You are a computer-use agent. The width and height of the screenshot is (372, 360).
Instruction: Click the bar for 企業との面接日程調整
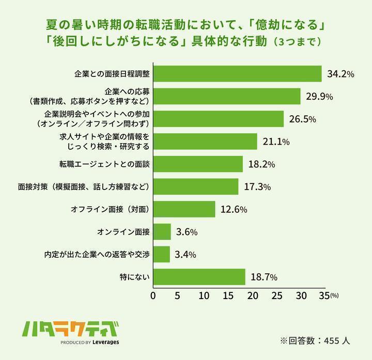coord(237,74)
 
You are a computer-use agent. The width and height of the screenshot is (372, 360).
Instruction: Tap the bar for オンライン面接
coord(162,232)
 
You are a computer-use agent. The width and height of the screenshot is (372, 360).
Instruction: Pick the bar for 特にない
coord(199,277)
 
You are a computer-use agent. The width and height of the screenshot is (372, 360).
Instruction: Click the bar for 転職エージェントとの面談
coord(197,164)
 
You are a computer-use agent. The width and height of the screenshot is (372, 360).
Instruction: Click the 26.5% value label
coord(302,119)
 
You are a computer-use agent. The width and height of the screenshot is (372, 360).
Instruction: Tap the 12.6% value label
coord(234,210)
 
